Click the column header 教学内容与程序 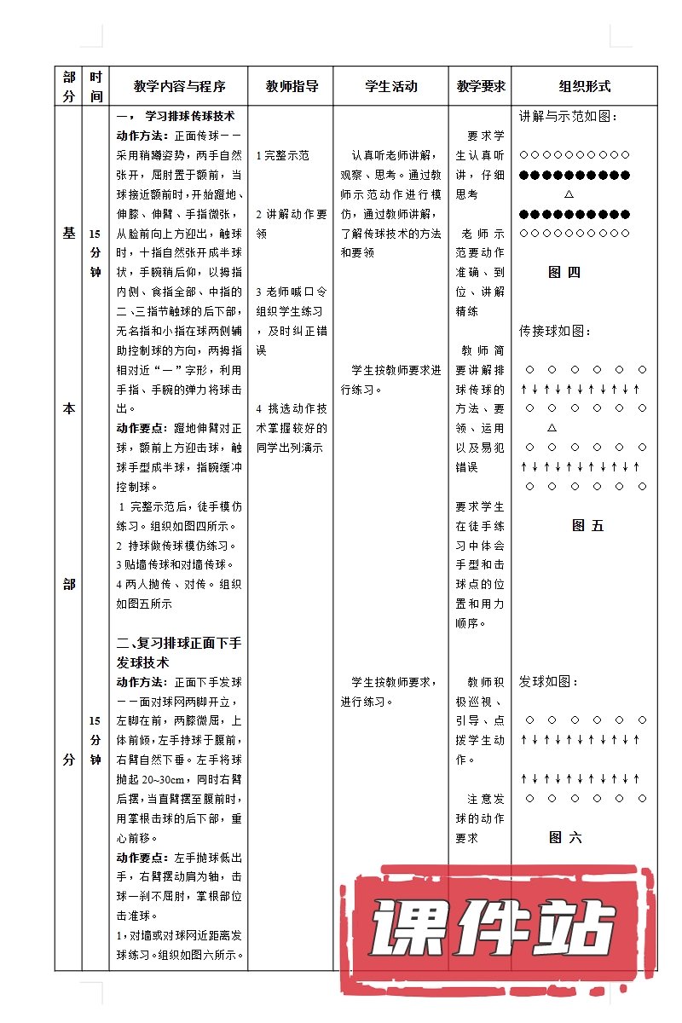point(179,86)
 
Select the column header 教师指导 point(292,86)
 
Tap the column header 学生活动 point(391,86)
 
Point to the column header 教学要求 point(481,86)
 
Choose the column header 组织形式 point(585,86)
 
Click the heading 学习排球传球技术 point(190,116)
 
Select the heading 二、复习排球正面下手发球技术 point(179,652)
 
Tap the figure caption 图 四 point(564,273)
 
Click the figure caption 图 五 point(587,526)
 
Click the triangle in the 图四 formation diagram point(569,195)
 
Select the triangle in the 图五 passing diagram point(552,427)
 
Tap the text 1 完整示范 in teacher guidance point(282,155)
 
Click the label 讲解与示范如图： point(569,116)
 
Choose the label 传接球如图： point(555,331)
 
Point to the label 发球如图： point(549,682)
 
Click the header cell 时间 point(96,86)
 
